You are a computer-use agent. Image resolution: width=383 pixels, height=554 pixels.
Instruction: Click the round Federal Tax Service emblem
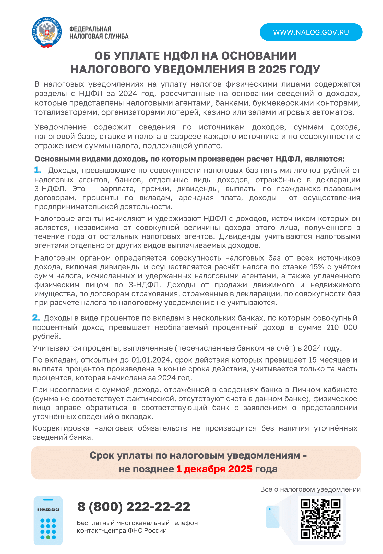(x=47, y=32)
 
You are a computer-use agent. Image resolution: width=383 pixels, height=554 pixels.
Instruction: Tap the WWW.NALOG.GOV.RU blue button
(x=311, y=32)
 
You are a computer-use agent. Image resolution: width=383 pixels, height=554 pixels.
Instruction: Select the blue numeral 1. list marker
(x=38, y=170)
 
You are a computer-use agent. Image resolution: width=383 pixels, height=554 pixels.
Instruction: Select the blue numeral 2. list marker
(x=36, y=318)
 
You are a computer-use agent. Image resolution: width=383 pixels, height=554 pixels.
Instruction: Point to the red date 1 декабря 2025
(x=214, y=469)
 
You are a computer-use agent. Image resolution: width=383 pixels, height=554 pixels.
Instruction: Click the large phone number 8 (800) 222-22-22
(x=134, y=507)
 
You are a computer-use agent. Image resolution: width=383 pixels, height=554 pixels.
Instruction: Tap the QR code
(x=320, y=519)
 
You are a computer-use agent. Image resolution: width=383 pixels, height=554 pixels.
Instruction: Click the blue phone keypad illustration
(x=48, y=521)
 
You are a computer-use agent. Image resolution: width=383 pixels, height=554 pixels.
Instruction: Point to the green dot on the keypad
(x=48, y=537)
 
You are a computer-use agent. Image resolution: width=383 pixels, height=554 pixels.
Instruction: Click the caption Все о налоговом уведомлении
(x=310, y=489)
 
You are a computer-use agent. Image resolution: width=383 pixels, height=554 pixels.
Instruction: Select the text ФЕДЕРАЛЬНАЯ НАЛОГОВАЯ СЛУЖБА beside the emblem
(x=99, y=33)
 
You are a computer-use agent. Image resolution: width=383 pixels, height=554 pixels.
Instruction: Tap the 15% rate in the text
(x=317, y=267)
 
